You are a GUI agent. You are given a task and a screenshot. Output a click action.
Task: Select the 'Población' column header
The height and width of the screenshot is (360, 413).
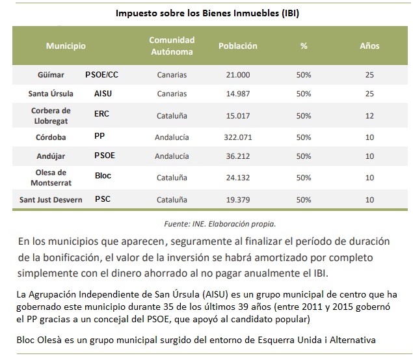(237, 46)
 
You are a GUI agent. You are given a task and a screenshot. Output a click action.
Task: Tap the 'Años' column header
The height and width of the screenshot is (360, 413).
(369, 46)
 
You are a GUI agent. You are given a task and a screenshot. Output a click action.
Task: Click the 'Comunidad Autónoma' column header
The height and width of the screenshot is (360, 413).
(172, 46)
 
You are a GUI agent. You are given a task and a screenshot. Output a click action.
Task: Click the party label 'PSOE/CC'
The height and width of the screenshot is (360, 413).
(101, 75)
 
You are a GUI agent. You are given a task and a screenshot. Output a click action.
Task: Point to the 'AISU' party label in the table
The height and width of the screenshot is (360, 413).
(103, 94)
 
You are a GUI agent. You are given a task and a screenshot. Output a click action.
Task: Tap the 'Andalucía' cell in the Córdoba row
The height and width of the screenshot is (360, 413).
(172, 138)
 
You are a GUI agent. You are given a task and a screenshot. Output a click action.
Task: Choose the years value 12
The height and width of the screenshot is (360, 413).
(369, 116)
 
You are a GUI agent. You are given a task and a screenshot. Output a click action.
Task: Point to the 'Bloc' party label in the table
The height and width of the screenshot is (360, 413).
(103, 176)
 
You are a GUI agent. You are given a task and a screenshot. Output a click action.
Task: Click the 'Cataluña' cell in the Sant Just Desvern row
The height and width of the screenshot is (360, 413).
(172, 200)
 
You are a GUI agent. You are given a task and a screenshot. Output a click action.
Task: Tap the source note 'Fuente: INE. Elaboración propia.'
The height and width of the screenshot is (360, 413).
(220, 223)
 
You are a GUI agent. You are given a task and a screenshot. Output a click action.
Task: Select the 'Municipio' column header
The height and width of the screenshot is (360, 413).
(65, 46)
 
